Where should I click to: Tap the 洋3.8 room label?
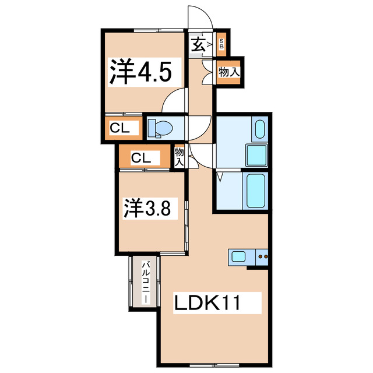[147, 208]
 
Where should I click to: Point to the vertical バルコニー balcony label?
[143, 282]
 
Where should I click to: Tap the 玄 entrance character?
[197, 43]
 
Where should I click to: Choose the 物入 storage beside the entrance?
[228, 72]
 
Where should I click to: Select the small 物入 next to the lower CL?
[179, 156]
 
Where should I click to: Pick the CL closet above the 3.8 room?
[142, 157]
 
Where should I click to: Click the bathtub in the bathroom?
[256, 192]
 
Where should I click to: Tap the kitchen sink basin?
[240, 255]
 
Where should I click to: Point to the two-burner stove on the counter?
[263, 256]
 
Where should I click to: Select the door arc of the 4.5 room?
[175, 104]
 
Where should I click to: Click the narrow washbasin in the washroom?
[259, 129]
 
